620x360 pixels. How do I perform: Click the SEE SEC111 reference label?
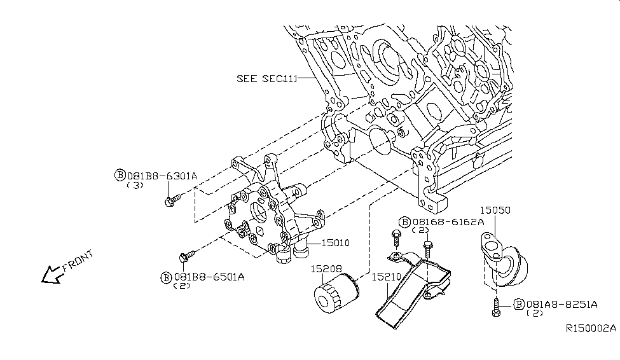(x=267, y=79)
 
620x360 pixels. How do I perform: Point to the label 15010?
(x=336, y=242)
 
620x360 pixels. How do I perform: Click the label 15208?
(x=325, y=270)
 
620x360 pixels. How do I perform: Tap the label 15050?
(x=495, y=209)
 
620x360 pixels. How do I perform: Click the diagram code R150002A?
(x=591, y=329)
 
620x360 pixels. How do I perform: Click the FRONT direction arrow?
(x=50, y=274)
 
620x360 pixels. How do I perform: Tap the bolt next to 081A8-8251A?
(x=497, y=310)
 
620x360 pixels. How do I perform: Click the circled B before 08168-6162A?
(x=404, y=222)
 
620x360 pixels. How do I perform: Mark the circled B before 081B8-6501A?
(x=165, y=277)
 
